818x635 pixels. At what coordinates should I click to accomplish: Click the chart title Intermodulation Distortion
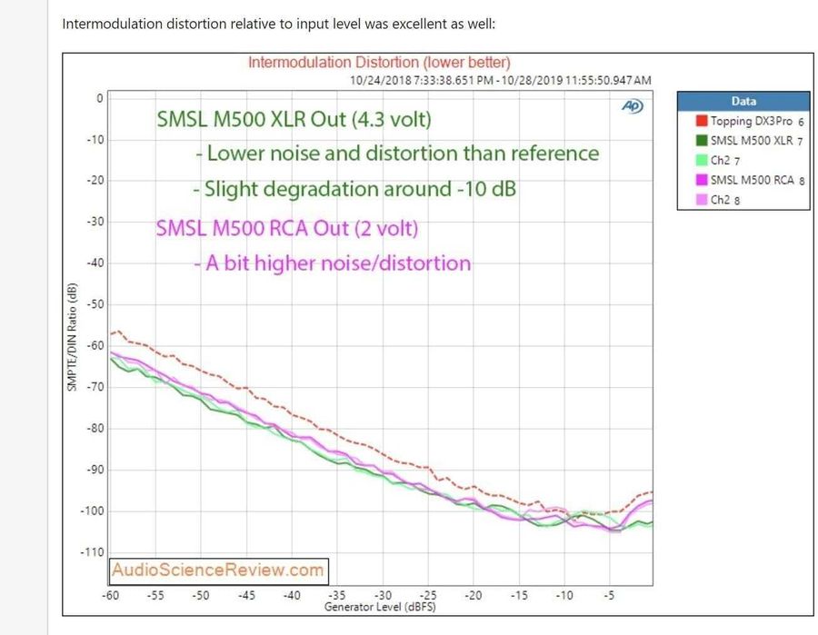(379, 63)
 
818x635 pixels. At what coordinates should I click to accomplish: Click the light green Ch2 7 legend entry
(723, 160)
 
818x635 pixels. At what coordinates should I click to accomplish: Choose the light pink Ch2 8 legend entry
(723, 200)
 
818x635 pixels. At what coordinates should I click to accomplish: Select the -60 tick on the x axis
(111, 595)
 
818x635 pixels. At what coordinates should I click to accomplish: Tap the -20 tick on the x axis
(473, 595)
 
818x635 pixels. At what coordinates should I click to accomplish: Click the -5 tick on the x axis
(609, 595)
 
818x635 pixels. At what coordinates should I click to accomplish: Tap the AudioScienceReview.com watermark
(218, 571)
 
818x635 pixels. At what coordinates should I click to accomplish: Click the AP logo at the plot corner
(633, 105)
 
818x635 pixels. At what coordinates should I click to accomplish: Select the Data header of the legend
(743, 101)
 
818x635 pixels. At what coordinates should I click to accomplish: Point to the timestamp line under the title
(500, 80)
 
